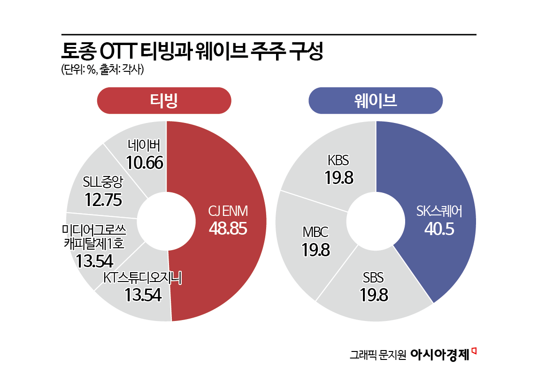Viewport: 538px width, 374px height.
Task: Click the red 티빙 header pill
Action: [x=164, y=101]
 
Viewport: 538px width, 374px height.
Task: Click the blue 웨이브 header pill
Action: [x=375, y=101]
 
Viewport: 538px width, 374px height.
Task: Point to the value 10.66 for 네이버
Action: [x=145, y=162]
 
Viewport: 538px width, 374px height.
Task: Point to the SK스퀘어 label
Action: [x=439, y=212]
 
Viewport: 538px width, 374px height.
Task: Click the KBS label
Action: [x=338, y=161]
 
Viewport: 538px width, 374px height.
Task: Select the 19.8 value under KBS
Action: [x=338, y=177]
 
